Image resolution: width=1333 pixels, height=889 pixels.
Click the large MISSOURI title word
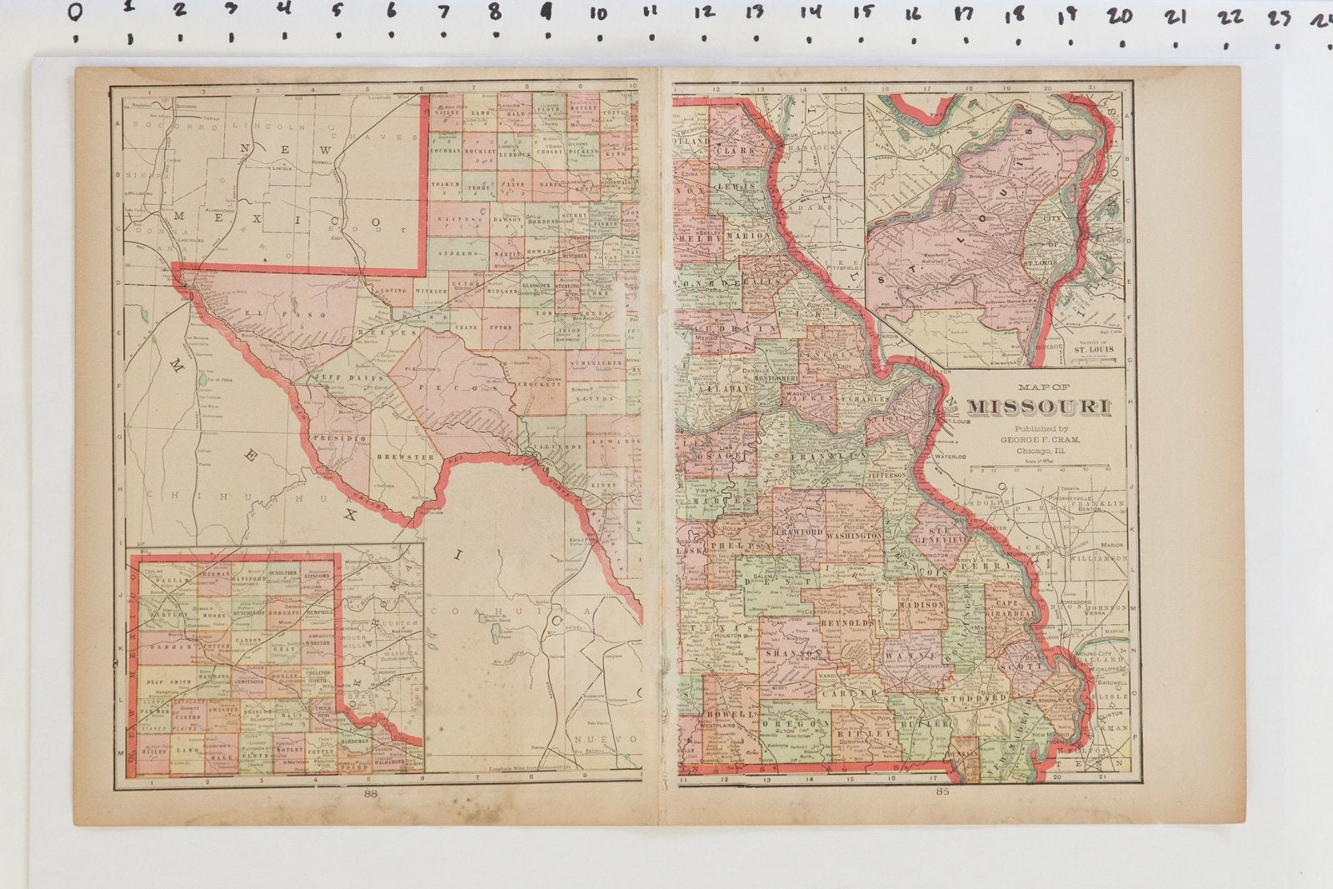1038,407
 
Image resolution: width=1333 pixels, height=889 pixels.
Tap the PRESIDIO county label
339,437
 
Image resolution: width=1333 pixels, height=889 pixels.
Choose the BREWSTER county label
406,457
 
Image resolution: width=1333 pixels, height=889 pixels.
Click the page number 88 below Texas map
371,793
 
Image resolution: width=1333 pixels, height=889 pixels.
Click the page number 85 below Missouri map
942,792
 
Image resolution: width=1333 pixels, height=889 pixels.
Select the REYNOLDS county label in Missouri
848,623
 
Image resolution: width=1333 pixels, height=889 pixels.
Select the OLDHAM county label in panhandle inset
169,647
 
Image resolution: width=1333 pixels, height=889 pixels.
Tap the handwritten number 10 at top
598,14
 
